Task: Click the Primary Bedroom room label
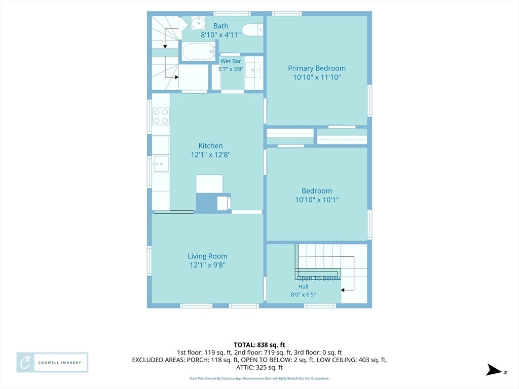click(x=317, y=68)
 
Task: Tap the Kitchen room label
click(x=210, y=145)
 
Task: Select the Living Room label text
click(x=207, y=256)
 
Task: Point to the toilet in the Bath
click(x=253, y=30)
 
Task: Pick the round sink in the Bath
click(x=198, y=23)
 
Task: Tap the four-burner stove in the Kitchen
click(x=161, y=116)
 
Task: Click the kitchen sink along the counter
click(x=161, y=164)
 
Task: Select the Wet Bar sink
click(x=254, y=70)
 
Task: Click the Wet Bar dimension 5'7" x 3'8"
click(x=231, y=69)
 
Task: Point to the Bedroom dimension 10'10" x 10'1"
click(x=317, y=200)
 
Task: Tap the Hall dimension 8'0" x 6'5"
click(x=303, y=294)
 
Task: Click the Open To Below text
click(x=318, y=278)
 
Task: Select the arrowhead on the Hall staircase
click(x=343, y=290)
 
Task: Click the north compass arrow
click(x=494, y=370)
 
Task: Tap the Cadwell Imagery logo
click(x=52, y=362)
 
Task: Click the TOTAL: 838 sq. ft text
click(x=259, y=345)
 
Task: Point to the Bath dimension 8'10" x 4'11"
click(x=221, y=35)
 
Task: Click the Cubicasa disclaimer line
click(x=259, y=378)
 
